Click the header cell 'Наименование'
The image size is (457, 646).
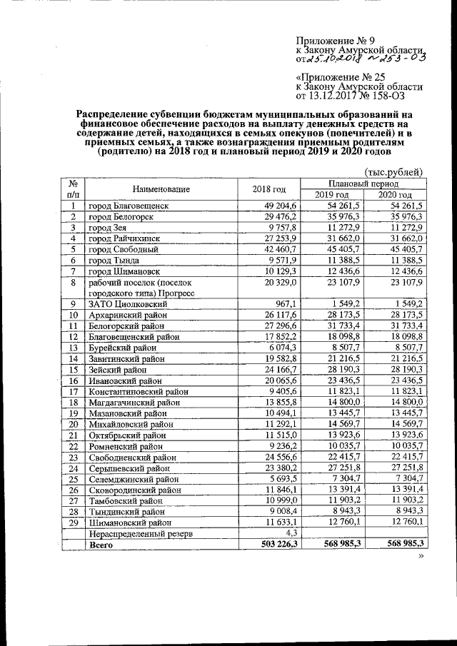coord(161,189)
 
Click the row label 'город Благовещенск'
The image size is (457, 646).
coord(128,206)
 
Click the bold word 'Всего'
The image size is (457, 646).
coord(100,545)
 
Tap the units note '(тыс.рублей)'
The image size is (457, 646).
coord(393,171)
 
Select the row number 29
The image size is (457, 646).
coord(72,523)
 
